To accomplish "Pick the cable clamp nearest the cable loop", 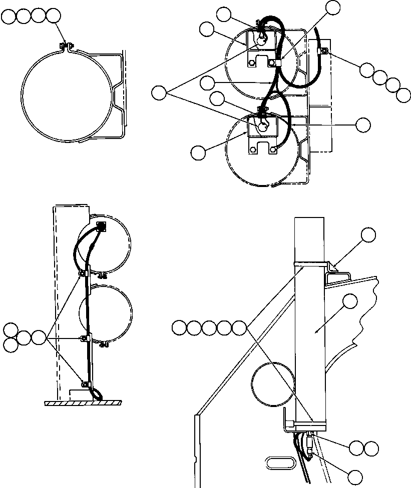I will coord(86,384).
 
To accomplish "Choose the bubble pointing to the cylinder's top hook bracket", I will coord(369,234).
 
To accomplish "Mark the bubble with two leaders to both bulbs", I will coord(160,92).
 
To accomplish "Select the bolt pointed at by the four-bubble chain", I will coord(323,50).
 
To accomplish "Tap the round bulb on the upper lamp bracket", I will coord(260,43).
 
